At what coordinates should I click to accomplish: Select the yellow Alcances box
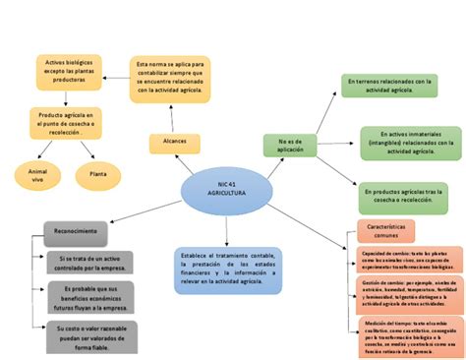(174, 143)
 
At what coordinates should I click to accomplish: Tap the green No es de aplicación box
(290, 146)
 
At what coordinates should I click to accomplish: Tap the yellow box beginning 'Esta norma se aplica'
(169, 77)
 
